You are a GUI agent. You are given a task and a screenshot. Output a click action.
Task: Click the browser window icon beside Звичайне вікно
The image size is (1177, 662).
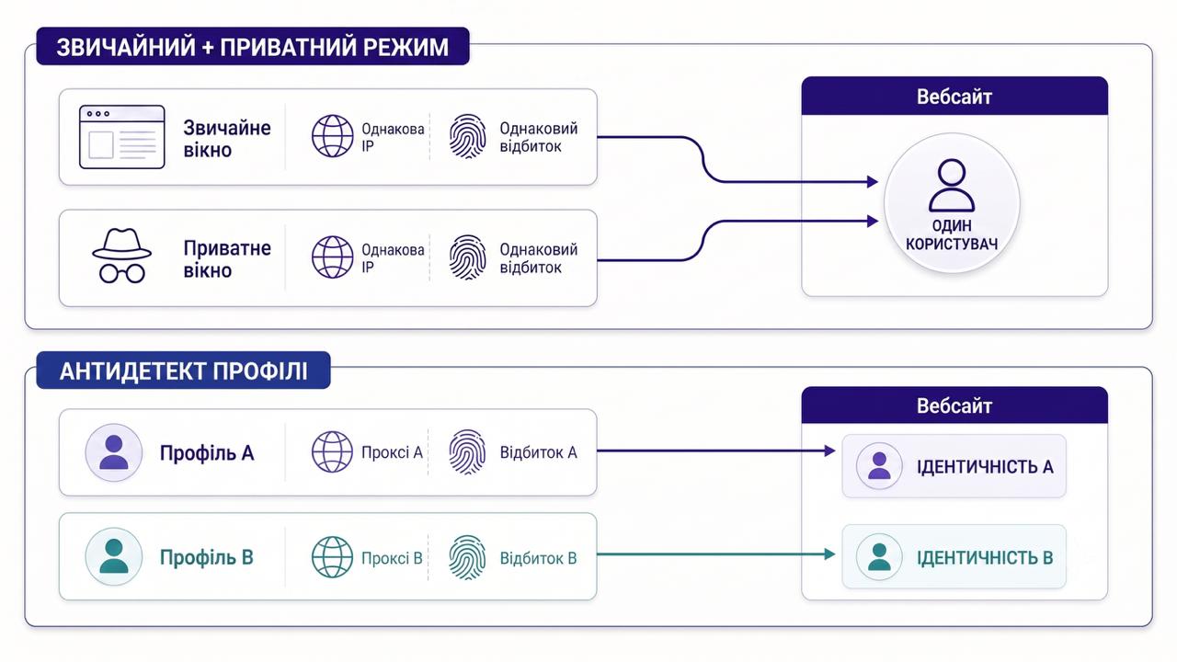tap(122, 137)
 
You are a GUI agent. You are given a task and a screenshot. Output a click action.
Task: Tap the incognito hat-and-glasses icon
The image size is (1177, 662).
tap(122, 256)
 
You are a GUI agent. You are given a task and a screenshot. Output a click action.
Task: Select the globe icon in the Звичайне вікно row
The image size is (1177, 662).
tap(333, 136)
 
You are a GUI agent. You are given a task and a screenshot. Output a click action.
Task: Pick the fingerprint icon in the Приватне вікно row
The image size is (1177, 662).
tap(467, 257)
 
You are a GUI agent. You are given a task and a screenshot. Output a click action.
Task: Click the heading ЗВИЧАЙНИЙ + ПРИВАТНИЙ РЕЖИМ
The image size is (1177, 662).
tap(253, 47)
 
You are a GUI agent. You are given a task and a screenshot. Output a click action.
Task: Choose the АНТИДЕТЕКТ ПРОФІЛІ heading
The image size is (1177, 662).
tap(183, 371)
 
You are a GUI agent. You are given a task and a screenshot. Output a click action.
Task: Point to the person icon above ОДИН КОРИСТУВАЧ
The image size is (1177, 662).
tap(952, 186)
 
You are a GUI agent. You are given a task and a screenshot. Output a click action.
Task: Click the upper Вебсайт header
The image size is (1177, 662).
tap(954, 97)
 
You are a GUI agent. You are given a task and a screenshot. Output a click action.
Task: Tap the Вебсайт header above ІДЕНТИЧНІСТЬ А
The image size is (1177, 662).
tap(954, 405)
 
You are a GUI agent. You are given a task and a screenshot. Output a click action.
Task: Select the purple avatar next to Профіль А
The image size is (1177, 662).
tap(114, 452)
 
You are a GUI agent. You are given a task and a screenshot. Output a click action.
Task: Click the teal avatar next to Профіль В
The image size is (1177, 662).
tap(114, 556)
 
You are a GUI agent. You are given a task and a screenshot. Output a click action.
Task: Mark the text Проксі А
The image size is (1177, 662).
tap(392, 452)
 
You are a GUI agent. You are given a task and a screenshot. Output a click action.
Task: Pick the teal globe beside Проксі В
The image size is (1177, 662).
tap(333, 557)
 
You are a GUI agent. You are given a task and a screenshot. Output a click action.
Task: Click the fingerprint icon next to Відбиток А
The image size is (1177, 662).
tap(467, 452)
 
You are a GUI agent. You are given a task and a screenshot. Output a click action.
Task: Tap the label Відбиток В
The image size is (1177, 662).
tap(538, 558)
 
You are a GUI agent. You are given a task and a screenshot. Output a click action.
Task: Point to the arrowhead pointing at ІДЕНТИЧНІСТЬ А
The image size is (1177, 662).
tap(829, 451)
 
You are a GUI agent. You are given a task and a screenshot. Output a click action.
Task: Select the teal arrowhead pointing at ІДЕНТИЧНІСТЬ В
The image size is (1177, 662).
tap(829, 554)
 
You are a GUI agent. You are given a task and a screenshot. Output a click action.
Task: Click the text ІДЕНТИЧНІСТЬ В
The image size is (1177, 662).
tap(985, 557)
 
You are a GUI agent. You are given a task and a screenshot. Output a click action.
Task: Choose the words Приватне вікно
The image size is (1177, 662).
tap(227, 259)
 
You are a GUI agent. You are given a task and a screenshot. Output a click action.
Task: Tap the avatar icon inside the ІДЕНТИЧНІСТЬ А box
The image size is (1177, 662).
tap(879, 466)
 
